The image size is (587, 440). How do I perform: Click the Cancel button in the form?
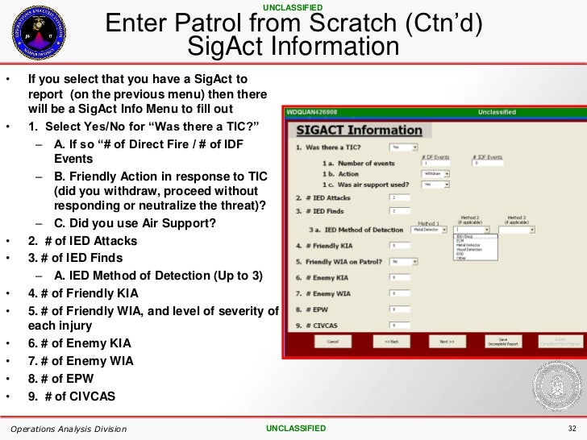coord(332,342)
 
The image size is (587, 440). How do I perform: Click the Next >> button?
coord(447,342)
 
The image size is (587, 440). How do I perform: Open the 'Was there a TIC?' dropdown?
coord(404,147)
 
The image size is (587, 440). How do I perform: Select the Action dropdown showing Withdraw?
coord(436,173)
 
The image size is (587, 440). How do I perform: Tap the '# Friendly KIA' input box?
coord(400,245)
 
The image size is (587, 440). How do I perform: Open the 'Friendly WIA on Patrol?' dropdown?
coord(404,261)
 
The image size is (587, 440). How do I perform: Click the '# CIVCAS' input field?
coord(400,325)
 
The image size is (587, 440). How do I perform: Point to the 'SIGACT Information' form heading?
coord(359,131)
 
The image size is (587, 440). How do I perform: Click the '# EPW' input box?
coord(400,309)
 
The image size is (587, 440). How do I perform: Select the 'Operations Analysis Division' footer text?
coord(69,429)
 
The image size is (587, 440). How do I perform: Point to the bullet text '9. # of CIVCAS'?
coord(72,396)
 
